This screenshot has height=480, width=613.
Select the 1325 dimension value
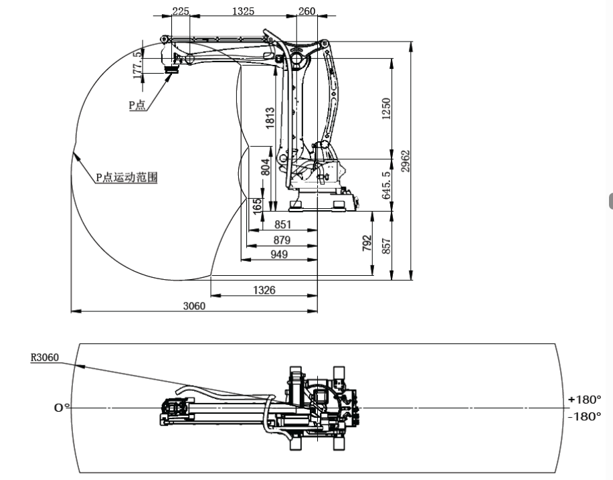[243, 11]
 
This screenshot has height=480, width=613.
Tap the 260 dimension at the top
[306, 11]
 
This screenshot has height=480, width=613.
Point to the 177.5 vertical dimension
[138, 64]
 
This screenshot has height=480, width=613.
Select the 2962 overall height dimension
[406, 161]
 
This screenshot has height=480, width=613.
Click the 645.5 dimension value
[387, 185]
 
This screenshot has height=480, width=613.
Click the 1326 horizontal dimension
[264, 290]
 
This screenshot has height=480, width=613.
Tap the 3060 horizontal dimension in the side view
[194, 306]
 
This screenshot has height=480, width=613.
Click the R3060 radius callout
[45, 357]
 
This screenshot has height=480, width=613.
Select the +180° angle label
[584, 400]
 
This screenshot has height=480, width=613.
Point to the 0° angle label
[62, 407]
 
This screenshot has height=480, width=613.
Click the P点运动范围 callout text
[125, 178]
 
